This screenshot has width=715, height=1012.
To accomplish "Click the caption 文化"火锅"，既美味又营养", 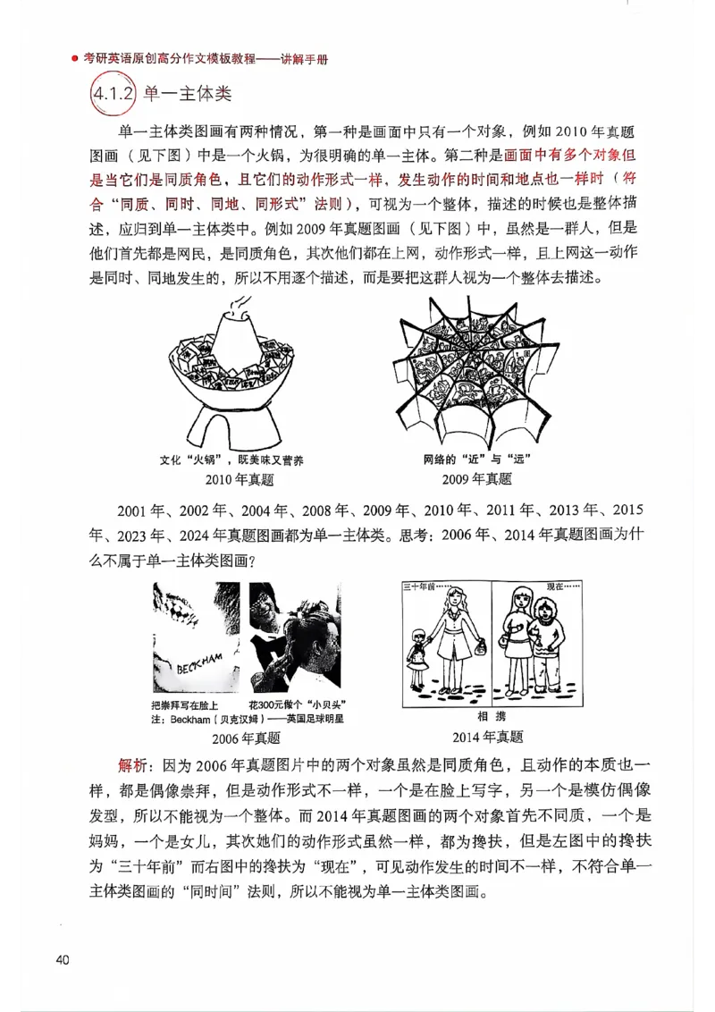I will click(231, 460).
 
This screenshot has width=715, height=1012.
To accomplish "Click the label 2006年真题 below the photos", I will click(246, 738).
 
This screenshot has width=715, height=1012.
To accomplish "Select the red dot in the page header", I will click(75, 61).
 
